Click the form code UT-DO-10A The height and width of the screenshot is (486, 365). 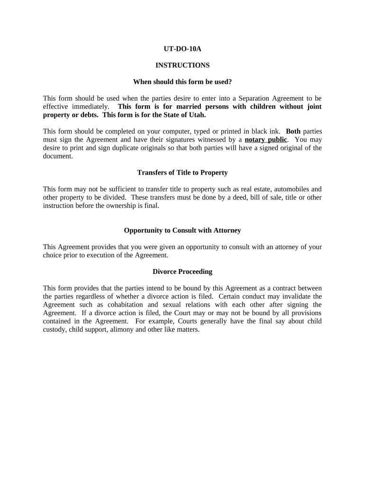coord(182,48)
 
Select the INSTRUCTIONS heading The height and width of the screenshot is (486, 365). coord(182,65)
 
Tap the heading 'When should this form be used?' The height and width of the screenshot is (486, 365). coord(182,82)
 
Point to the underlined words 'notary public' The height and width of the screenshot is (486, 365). coord(266,140)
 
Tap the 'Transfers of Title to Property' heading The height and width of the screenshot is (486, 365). coord(182,172)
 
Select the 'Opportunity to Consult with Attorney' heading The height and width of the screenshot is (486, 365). coord(182,230)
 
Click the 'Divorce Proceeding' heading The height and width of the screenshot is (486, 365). coord(182,271)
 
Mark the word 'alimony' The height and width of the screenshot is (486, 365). coord(120,329)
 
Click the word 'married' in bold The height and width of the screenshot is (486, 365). coord(183,106)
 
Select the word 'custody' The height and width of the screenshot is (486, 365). coord(54,329)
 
